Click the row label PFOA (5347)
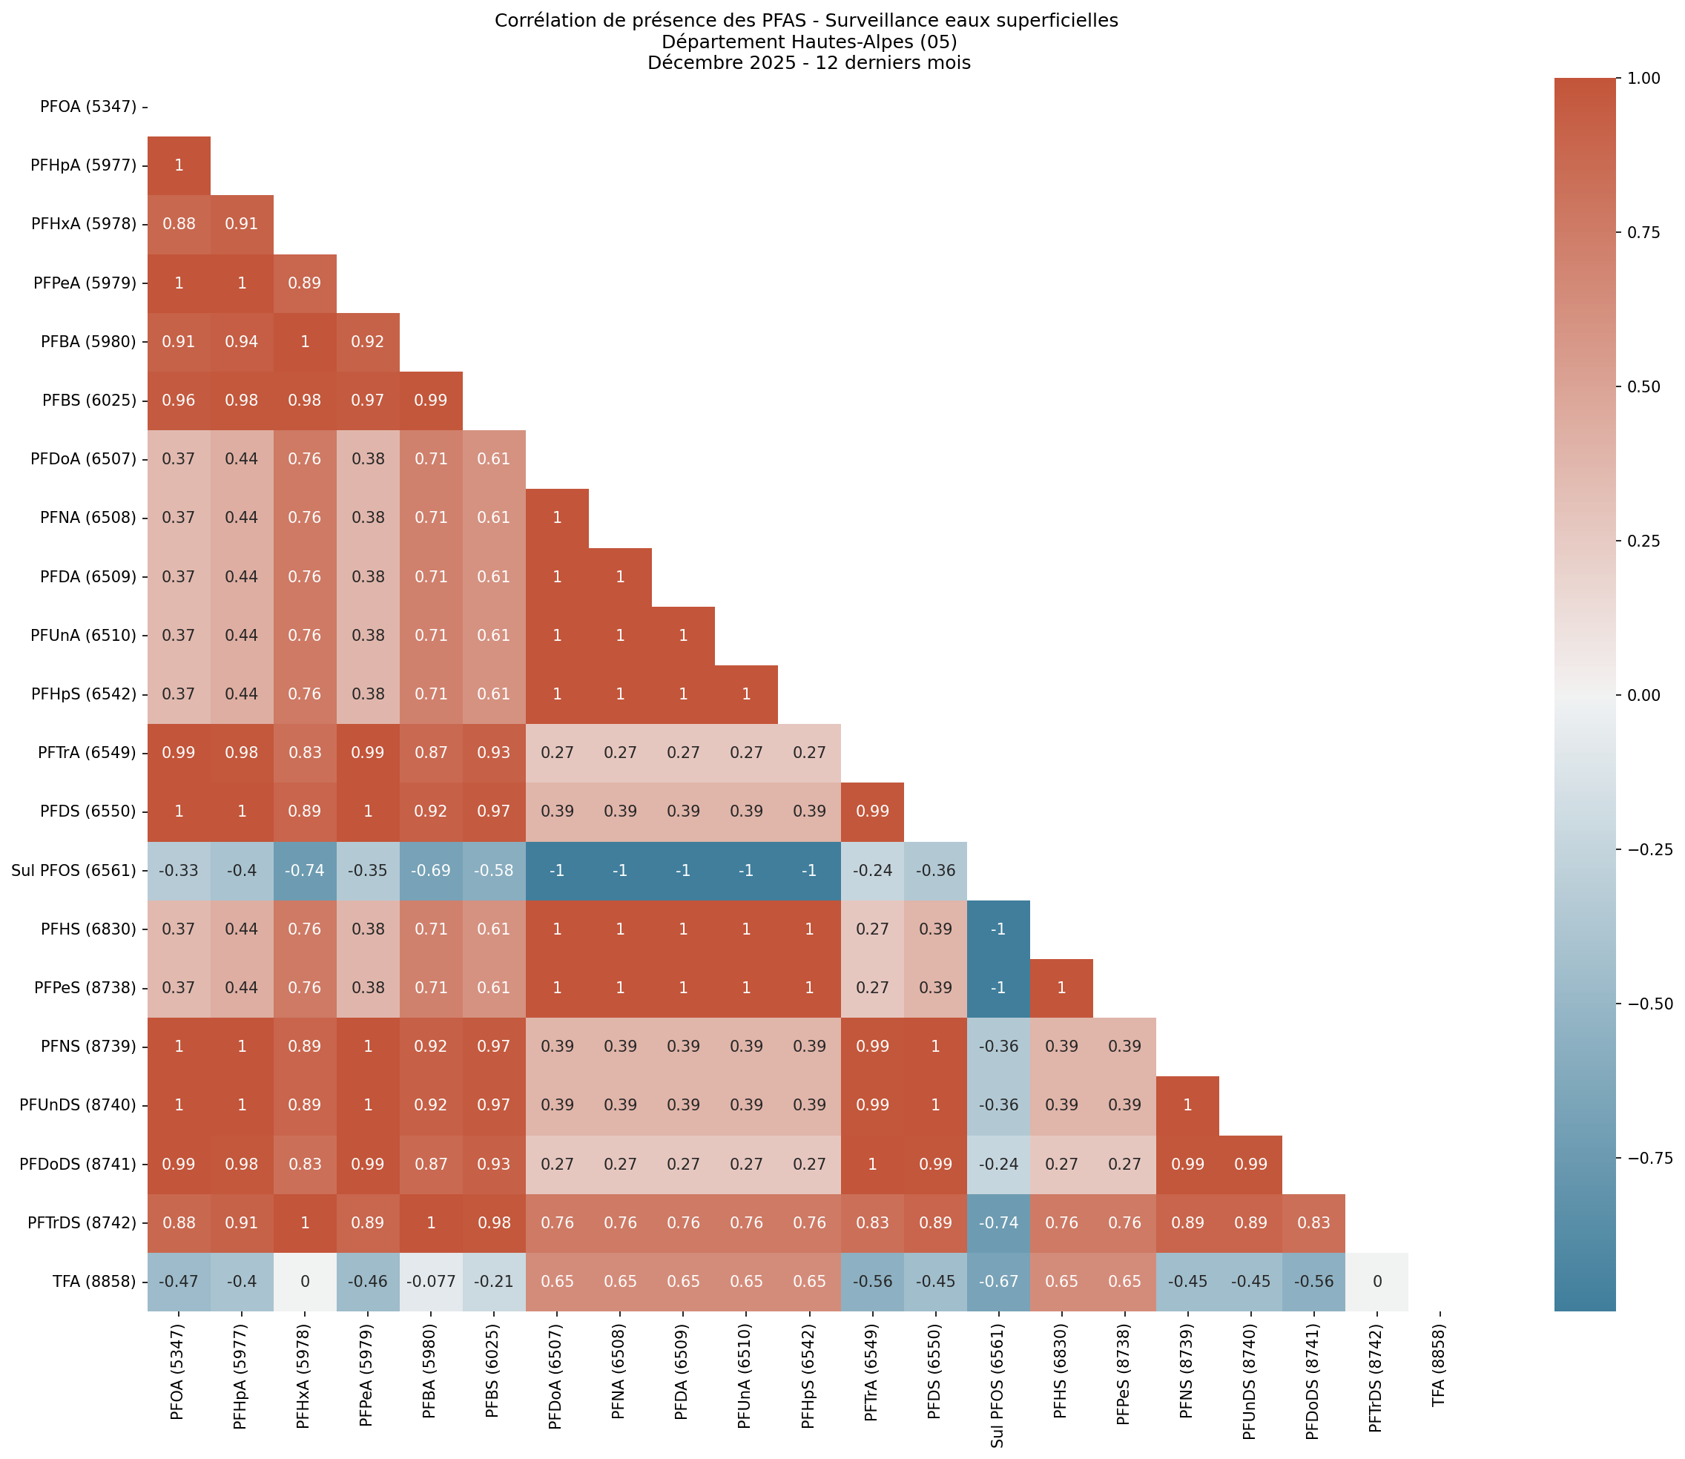coord(88,107)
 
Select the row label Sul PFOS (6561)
coord(74,870)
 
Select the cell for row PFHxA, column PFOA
coord(179,225)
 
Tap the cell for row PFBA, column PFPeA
coord(368,342)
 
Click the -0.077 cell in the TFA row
coord(431,1282)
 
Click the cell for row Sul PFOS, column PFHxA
coord(306,870)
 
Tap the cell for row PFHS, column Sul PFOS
coord(998,929)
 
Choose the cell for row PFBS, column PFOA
coord(179,401)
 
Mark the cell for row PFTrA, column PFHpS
coord(809,753)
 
